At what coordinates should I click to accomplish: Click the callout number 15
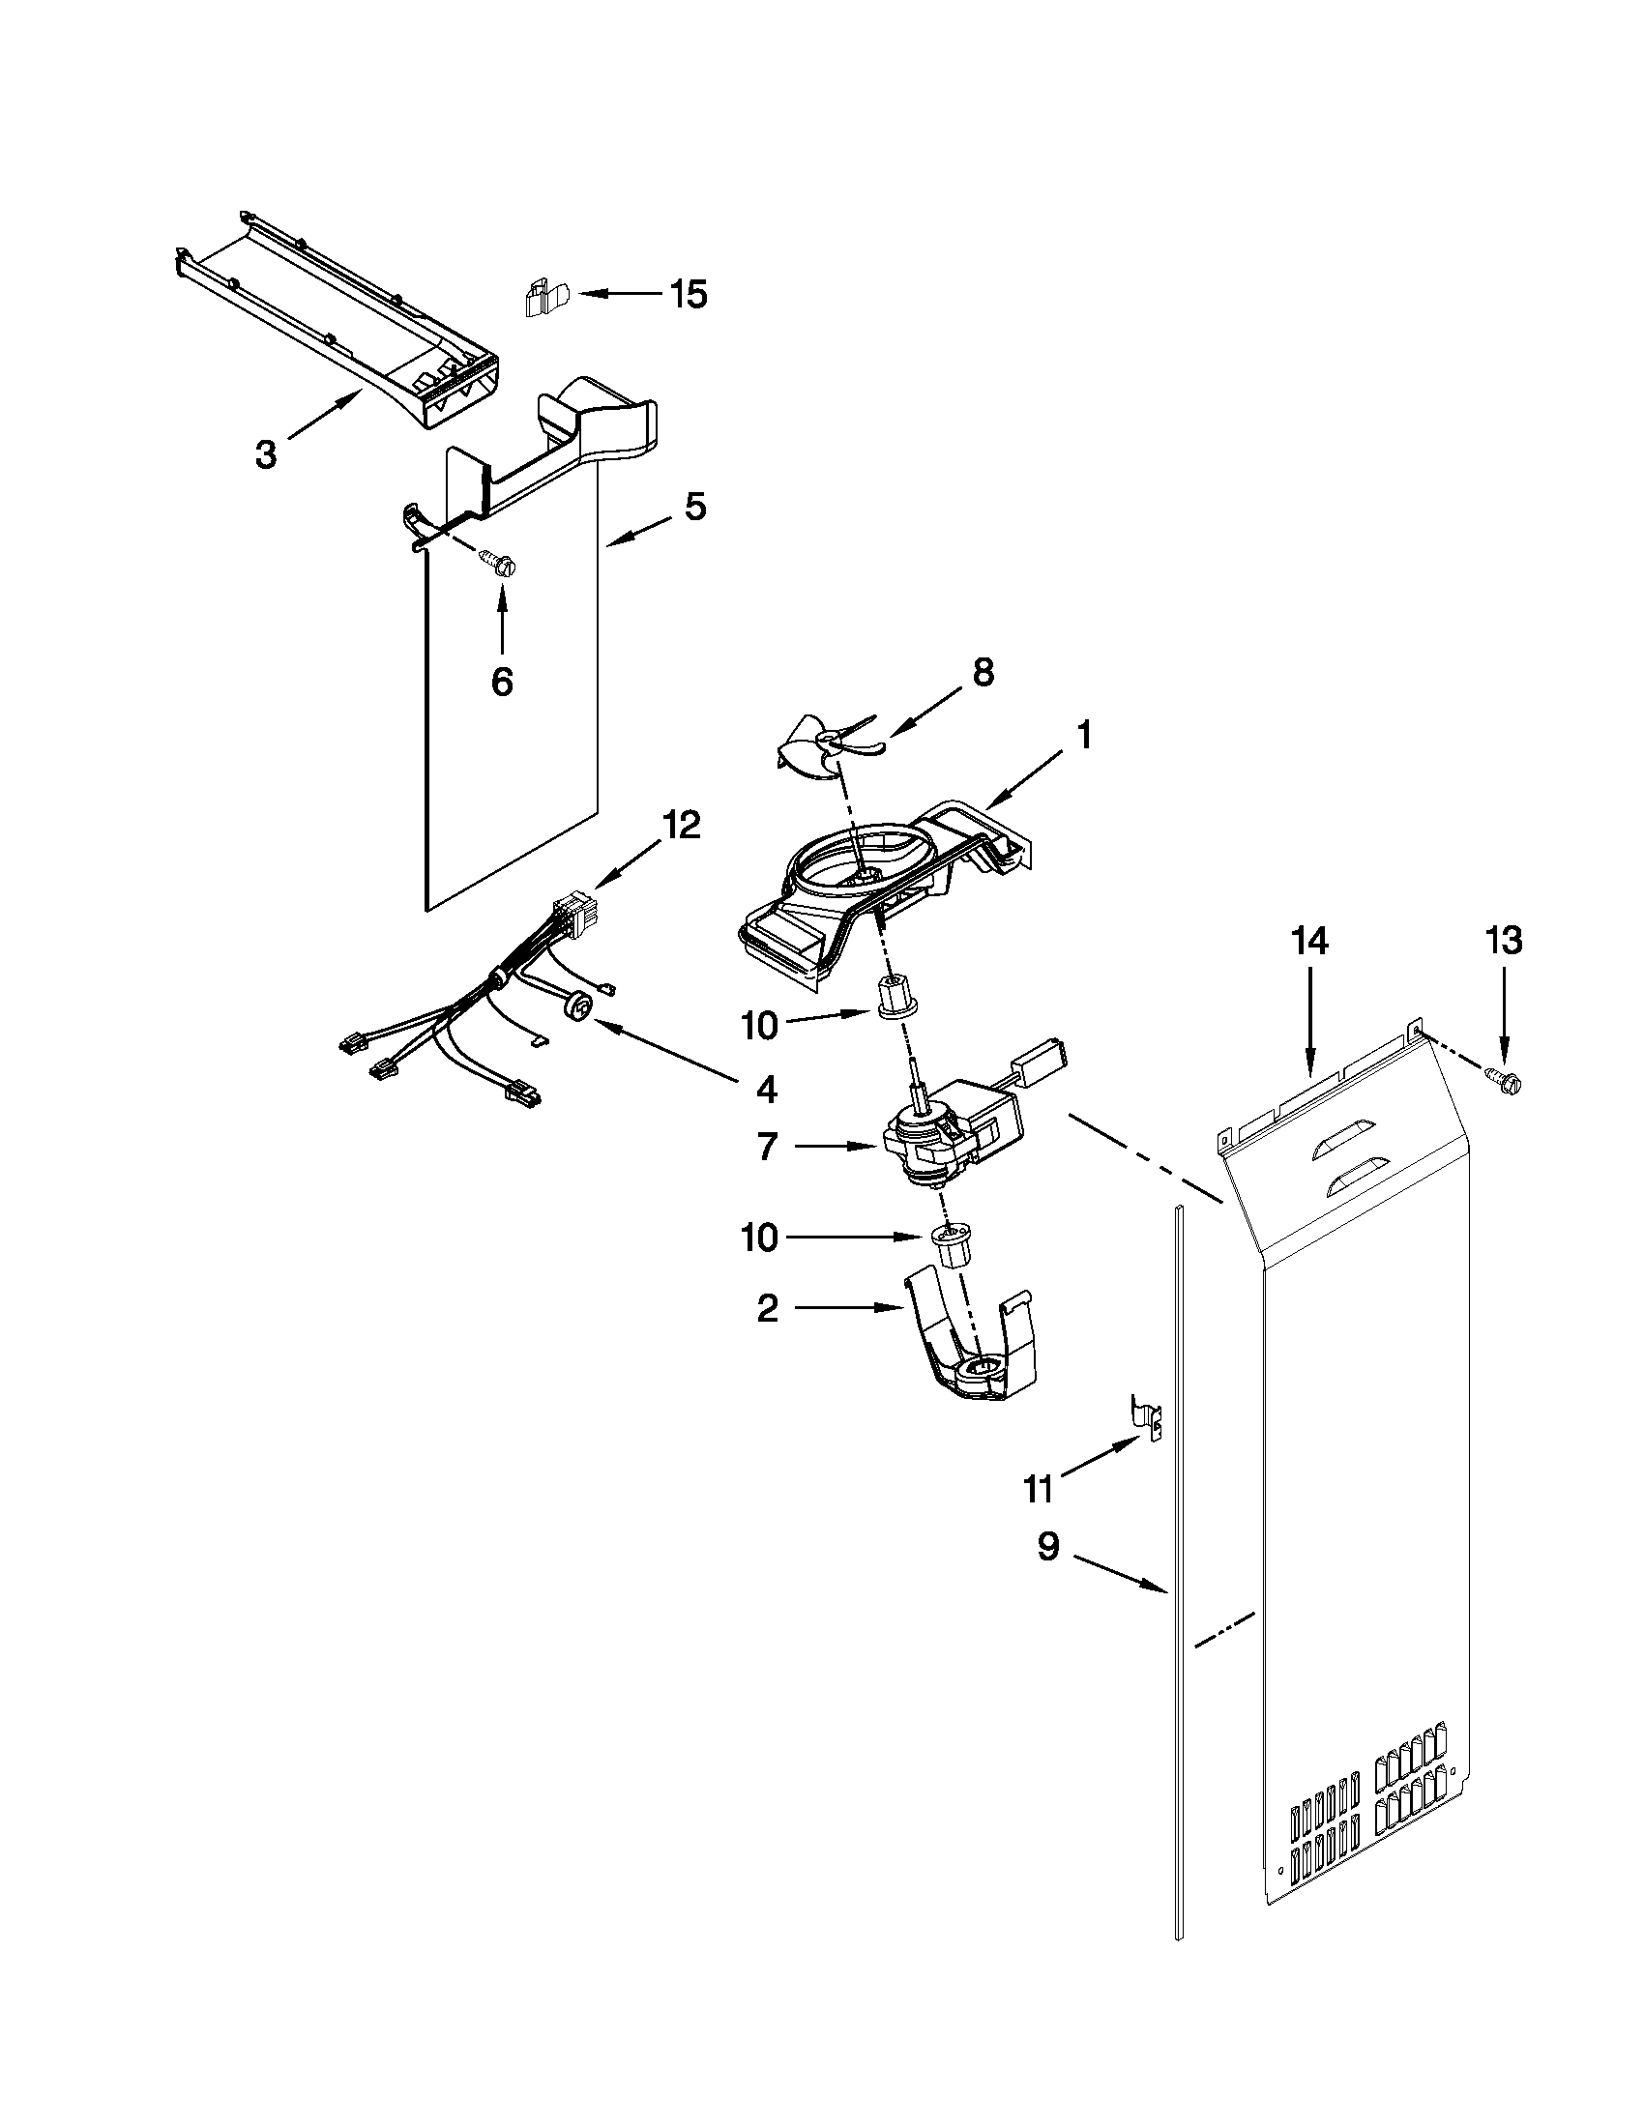click(689, 294)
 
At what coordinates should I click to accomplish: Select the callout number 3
click(266, 453)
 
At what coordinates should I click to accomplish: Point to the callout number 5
click(694, 507)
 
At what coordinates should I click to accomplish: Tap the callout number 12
click(681, 825)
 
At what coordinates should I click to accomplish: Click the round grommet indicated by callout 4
click(579, 1005)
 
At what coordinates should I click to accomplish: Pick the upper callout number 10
click(760, 1026)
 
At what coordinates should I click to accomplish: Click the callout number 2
click(768, 1309)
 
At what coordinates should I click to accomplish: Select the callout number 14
click(1310, 941)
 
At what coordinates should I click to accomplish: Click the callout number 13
click(1504, 941)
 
